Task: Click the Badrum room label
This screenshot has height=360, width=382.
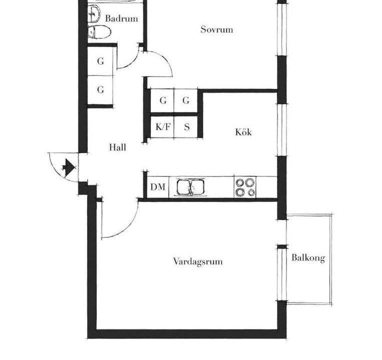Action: [122, 18]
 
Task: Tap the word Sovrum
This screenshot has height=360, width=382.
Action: [217, 29]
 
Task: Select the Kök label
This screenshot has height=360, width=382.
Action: [243, 132]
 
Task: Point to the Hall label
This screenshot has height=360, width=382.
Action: [118, 147]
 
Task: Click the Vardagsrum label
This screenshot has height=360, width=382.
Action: [198, 261]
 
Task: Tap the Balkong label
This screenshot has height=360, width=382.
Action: [308, 257]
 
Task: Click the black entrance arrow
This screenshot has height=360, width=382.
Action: [69, 167]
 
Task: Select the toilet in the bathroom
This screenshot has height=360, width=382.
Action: [99, 32]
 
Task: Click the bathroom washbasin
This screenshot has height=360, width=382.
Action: [94, 14]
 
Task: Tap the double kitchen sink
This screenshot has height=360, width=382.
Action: [191, 187]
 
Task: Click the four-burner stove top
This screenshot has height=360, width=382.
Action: [245, 187]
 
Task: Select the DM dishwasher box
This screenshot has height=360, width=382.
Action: [158, 187]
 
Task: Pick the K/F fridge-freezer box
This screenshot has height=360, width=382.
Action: [163, 126]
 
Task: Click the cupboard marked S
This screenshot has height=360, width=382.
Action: [186, 126]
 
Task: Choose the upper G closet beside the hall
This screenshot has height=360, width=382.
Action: [100, 61]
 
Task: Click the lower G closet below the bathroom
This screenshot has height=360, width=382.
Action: [100, 90]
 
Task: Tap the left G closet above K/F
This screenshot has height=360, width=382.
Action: [163, 100]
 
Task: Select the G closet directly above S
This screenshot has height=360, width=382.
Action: [186, 100]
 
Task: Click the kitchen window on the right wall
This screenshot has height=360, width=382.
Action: [282, 130]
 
